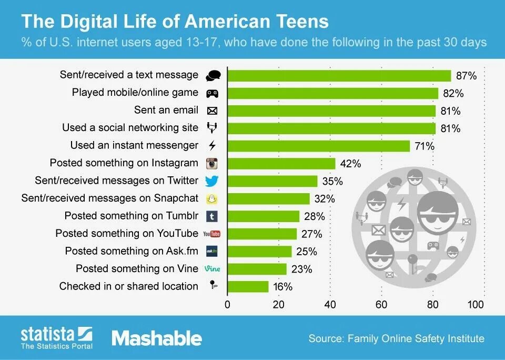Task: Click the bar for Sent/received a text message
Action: tap(339, 76)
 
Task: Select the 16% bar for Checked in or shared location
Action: tap(248, 287)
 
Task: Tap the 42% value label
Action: tap(351, 164)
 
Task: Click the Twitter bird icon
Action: tap(212, 181)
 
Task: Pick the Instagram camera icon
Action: tap(212, 163)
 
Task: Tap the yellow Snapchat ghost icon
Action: tap(212, 198)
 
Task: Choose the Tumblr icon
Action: tap(212, 216)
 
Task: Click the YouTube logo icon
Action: tap(212, 234)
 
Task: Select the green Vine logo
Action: tap(212, 268)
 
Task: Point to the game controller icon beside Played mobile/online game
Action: tap(212, 93)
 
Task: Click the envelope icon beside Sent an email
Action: tap(212, 111)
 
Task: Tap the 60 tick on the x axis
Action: tap(381, 304)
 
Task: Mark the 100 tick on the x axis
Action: tap(476, 304)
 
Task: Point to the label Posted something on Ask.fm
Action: tap(132, 251)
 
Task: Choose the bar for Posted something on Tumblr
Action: tap(264, 216)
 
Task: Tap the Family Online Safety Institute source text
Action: tap(416, 338)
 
